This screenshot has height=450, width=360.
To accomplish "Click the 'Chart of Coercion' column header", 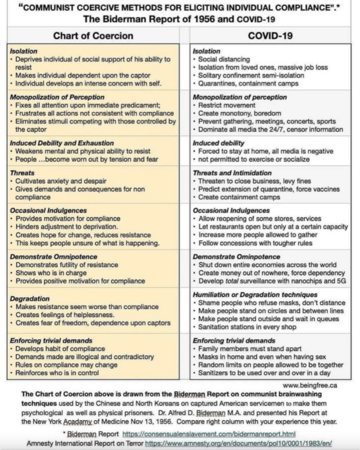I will (93, 36).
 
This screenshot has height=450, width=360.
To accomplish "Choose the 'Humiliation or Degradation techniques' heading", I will (255, 295).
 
